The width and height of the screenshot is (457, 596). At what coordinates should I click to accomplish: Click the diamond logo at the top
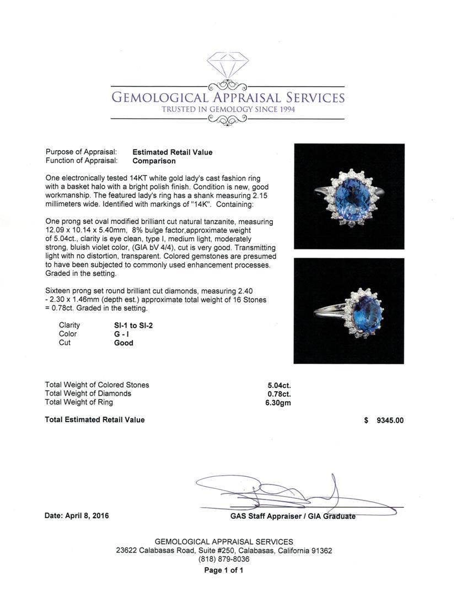pos(228,65)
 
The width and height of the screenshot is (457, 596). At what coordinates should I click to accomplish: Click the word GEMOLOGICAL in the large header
pos(160,98)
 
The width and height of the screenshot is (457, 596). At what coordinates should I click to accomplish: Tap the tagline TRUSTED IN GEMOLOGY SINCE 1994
pos(228,110)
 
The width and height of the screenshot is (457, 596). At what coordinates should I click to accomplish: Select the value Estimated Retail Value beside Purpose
pos(172,152)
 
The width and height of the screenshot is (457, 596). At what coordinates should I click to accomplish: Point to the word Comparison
pos(154,161)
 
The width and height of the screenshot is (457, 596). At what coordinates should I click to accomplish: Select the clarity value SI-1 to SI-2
pos(130,325)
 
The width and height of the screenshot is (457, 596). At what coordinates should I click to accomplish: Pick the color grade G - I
pos(115,334)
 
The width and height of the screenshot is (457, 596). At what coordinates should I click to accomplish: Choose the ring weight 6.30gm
pos(278,402)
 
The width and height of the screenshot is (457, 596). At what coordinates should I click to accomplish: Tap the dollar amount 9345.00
pos(390,420)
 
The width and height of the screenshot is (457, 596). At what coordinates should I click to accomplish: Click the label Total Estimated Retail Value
pos(94,420)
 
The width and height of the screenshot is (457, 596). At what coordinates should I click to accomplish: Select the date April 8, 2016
pos(77,516)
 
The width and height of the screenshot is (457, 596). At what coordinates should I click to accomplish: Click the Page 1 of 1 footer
pos(224,571)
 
